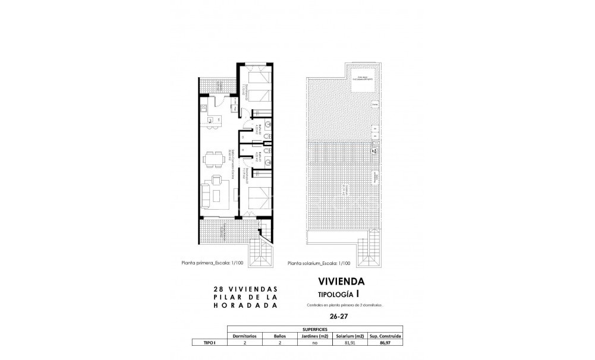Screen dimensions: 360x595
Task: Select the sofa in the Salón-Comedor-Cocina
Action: [x=204, y=194]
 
